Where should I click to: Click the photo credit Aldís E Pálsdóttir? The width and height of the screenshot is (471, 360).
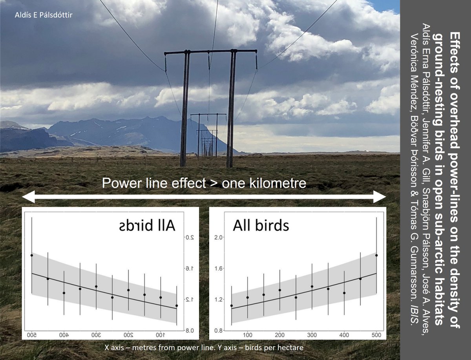point(44,15)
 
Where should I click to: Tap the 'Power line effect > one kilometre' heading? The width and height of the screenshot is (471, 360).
point(204,183)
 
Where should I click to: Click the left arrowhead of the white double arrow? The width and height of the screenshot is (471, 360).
point(29,197)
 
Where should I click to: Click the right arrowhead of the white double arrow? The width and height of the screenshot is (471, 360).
point(380,197)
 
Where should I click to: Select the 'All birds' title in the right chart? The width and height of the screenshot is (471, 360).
point(261,226)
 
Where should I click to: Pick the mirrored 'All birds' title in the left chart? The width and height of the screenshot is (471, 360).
point(147,226)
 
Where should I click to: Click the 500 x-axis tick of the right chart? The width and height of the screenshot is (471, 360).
point(376,335)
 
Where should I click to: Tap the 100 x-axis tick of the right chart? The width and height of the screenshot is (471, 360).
point(247,335)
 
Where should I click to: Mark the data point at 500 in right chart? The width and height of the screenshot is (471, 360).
point(376,255)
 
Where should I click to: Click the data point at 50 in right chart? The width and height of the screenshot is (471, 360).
point(231,305)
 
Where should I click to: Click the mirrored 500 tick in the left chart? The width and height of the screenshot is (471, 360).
point(32,335)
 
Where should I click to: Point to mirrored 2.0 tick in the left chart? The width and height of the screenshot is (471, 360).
point(189,237)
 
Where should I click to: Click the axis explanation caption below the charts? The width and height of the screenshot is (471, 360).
point(204,347)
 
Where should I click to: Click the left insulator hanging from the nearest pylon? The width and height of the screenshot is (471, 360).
point(166,63)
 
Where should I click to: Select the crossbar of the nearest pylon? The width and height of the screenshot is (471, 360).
point(211,52)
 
